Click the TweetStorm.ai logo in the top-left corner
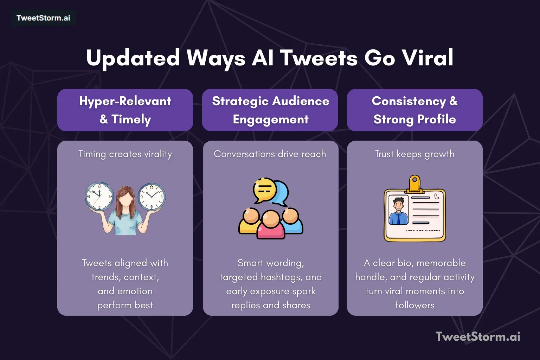pos(43,18)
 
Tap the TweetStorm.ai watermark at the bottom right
pos(478,336)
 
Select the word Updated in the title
pos(133,58)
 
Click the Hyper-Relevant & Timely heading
pos(125,110)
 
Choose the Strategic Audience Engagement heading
pos(270,110)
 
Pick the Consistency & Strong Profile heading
pos(414,110)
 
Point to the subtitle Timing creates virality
pos(125,154)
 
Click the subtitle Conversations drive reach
pos(270,154)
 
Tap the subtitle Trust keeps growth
pos(414,154)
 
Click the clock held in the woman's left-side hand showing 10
pos(99,196)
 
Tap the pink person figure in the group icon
pos(271,227)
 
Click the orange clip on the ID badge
pos(415,184)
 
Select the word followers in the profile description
pos(414,305)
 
